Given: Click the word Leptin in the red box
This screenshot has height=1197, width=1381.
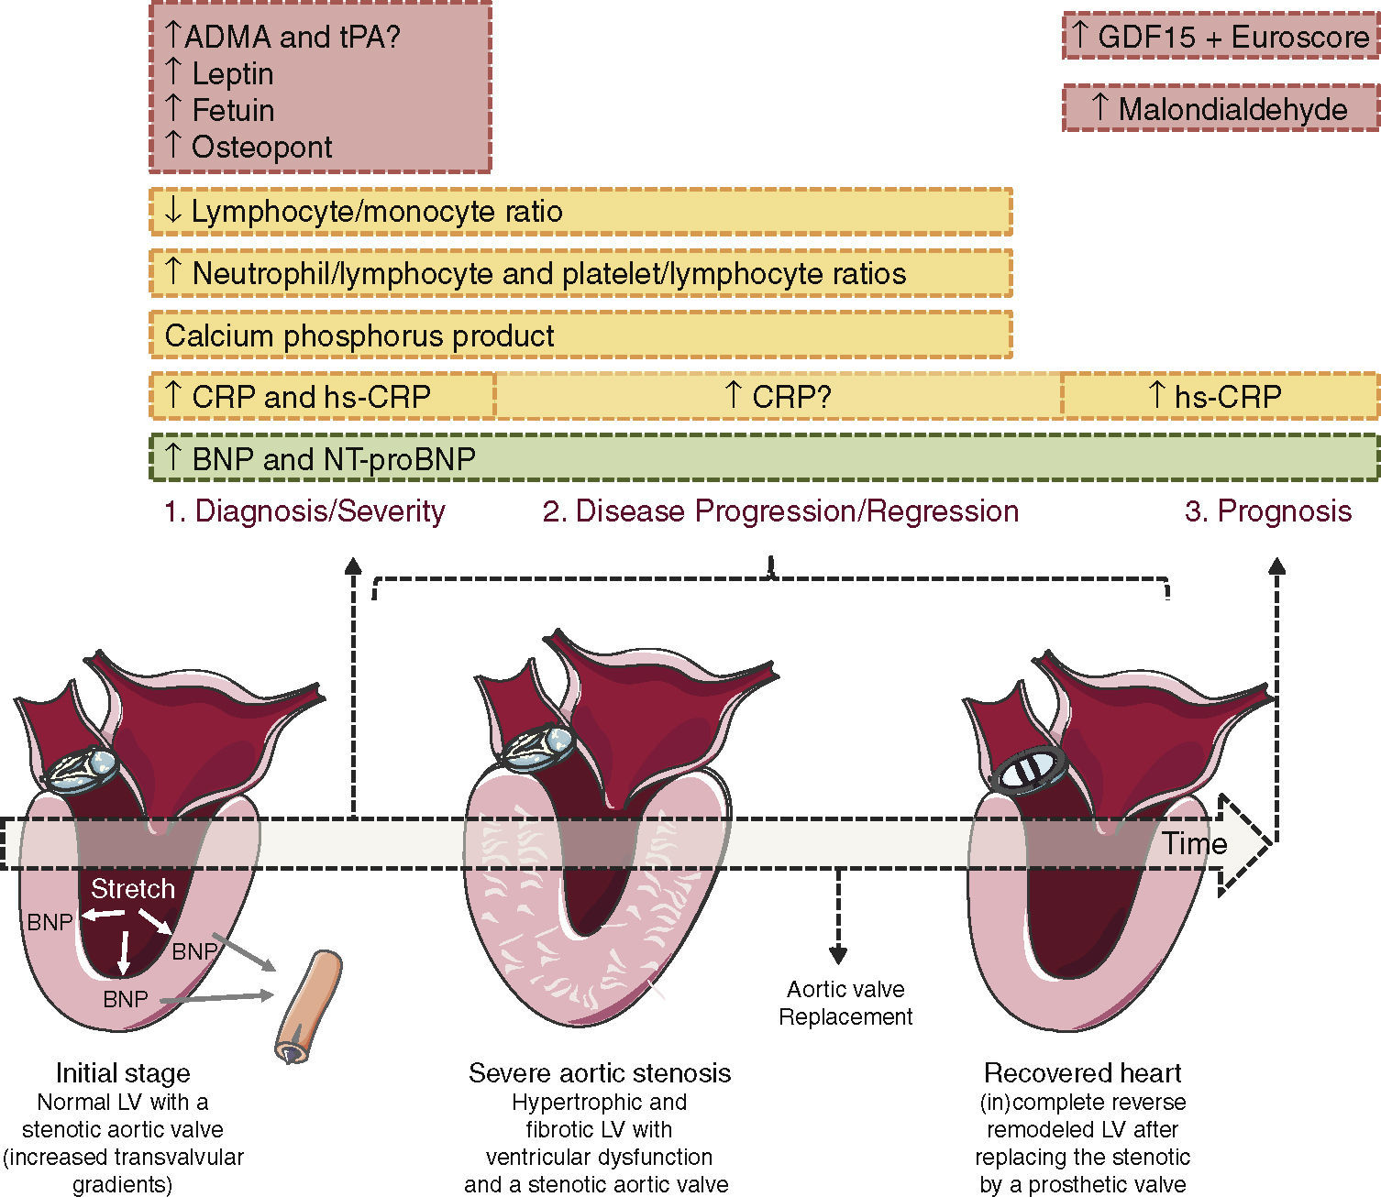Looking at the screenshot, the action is (x=233, y=73).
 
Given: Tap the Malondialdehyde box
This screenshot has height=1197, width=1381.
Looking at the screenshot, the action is (x=1221, y=108).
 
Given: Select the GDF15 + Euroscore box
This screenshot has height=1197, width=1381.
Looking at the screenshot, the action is (x=1221, y=37).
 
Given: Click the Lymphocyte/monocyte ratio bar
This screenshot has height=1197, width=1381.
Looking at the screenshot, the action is (x=580, y=212).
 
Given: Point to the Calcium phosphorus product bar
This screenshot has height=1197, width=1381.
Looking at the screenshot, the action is (x=580, y=335).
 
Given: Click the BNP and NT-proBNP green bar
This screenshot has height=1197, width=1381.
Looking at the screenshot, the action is (x=765, y=457).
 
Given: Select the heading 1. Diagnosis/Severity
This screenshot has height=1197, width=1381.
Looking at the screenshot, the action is (x=304, y=511).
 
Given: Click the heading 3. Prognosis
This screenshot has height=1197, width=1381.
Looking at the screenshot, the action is (x=1268, y=511).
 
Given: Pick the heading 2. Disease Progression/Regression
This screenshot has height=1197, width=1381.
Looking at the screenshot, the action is (x=780, y=511).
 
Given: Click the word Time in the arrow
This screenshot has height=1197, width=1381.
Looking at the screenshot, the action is (x=1194, y=843).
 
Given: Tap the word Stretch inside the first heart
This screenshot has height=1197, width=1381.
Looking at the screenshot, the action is (x=133, y=889).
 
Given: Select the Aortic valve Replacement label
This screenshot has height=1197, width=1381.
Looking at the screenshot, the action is (x=845, y=1003).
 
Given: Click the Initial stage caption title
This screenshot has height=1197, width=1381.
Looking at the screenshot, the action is (x=123, y=1073).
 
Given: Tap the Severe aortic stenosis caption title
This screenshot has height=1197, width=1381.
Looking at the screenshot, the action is (x=600, y=1072).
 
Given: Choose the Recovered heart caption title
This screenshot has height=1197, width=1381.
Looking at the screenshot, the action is (x=1082, y=1072).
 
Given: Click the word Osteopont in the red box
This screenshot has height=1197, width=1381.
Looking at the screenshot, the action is (x=261, y=148).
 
